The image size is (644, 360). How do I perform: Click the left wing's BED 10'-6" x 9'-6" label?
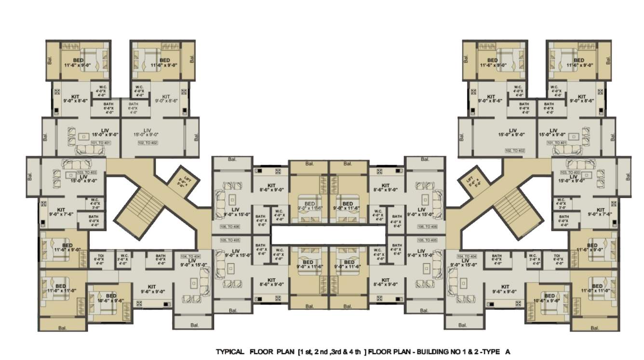111,298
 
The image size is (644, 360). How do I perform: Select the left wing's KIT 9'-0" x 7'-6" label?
61,212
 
